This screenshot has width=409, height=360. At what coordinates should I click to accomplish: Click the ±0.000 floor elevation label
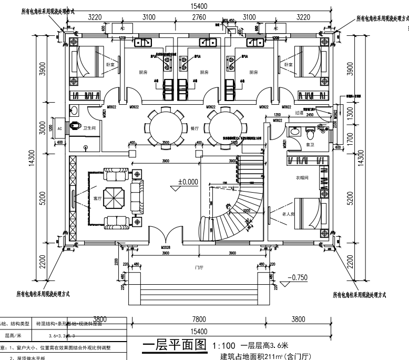[188, 182]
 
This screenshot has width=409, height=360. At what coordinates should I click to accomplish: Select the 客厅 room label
[97, 199]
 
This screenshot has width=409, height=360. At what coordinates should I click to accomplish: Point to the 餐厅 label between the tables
[195, 128]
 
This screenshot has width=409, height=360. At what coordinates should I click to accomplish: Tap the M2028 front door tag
[166, 247]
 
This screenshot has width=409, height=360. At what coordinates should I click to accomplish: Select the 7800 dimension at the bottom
[198, 319]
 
